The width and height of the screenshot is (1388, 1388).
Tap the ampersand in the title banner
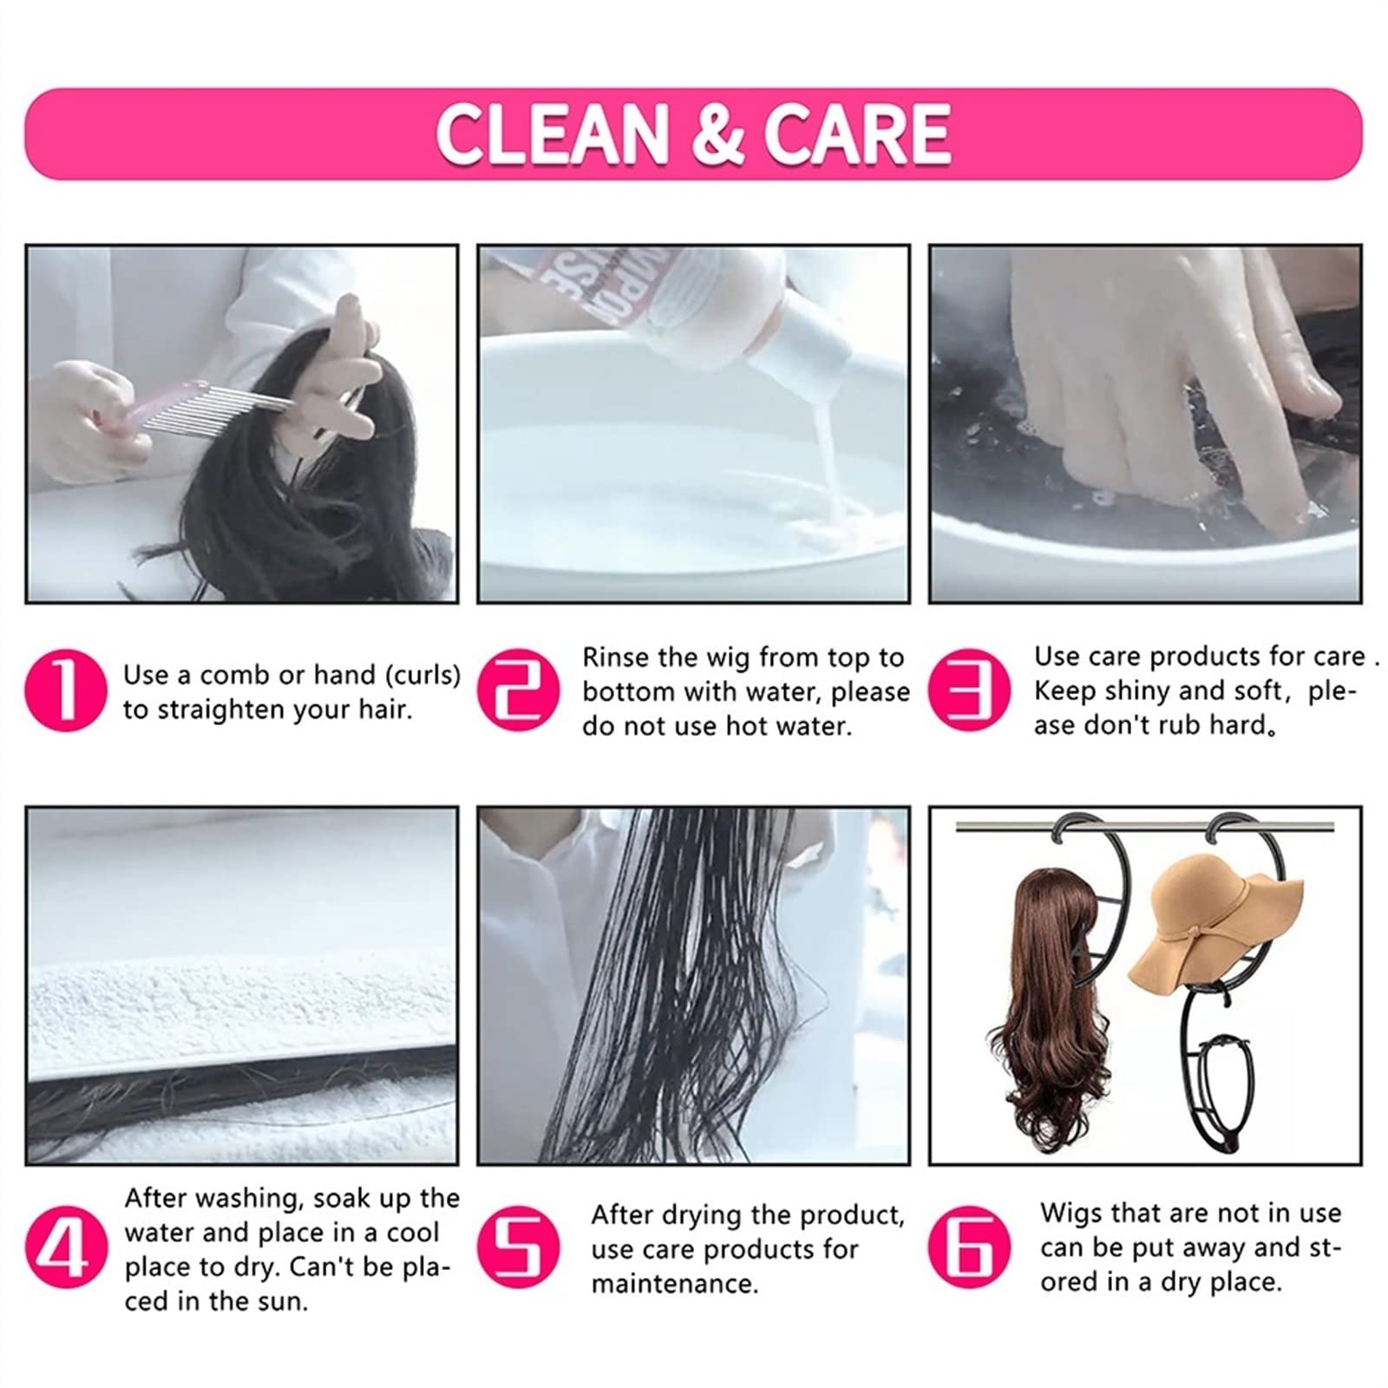click(x=717, y=134)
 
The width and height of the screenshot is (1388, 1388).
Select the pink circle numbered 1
click(x=66, y=691)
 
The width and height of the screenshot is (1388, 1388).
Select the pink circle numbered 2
click(x=519, y=691)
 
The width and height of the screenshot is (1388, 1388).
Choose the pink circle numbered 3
click(x=970, y=691)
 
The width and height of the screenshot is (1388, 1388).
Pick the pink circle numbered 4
click(x=66, y=1248)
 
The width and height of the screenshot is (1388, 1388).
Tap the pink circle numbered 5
click(x=519, y=1248)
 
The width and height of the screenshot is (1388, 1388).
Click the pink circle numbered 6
click(x=970, y=1248)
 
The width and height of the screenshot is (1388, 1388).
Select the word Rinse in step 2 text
click(x=617, y=658)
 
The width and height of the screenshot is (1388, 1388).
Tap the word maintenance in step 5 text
click(x=674, y=1284)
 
